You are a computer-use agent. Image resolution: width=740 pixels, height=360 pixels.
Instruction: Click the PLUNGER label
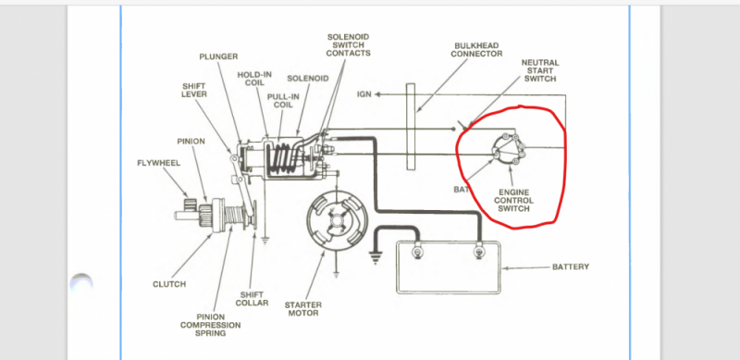pyautogui.click(x=218, y=56)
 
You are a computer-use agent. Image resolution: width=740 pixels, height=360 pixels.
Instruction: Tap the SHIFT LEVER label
pyautogui.click(x=194, y=90)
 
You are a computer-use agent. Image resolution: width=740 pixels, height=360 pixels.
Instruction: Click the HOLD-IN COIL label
pyautogui.click(x=254, y=79)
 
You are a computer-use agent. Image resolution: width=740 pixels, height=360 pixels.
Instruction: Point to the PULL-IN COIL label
pyautogui.click(x=283, y=100)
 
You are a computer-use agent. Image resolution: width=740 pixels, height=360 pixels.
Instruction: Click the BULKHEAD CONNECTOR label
pyautogui.click(x=476, y=50)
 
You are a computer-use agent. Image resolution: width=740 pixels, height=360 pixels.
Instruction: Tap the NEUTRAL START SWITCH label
pyautogui.click(x=540, y=70)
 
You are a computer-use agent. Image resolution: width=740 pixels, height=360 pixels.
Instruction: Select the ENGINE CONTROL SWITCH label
pyautogui.click(x=514, y=200)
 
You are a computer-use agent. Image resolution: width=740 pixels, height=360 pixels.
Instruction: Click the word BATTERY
pyautogui.click(x=571, y=267)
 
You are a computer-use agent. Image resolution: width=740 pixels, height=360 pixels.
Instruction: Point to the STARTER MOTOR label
pyautogui.click(x=303, y=309)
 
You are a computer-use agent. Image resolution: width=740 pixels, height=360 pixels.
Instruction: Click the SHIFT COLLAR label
pyautogui.click(x=252, y=299)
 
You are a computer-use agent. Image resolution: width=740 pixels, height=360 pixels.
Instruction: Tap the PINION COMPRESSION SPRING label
pyautogui.click(x=211, y=325)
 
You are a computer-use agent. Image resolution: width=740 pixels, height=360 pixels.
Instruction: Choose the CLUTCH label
pyautogui.click(x=169, y=284)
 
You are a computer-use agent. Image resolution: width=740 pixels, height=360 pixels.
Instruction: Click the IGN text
pyautogui.click(x=364, y=94)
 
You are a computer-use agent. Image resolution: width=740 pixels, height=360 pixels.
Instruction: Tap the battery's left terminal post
pyautogui.click(x=417, y=252)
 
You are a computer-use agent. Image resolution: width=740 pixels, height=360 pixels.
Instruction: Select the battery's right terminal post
pyautogui.click(x=479, y=252)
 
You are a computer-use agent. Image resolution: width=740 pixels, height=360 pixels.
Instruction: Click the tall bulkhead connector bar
pyautogui.click(x=411, y=126)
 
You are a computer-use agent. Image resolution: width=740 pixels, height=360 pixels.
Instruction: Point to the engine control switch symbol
pyautogui.click(x=507, y=148)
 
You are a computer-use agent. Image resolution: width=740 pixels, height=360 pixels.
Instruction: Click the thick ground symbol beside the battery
pyautogui.click(x=376, y=258)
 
